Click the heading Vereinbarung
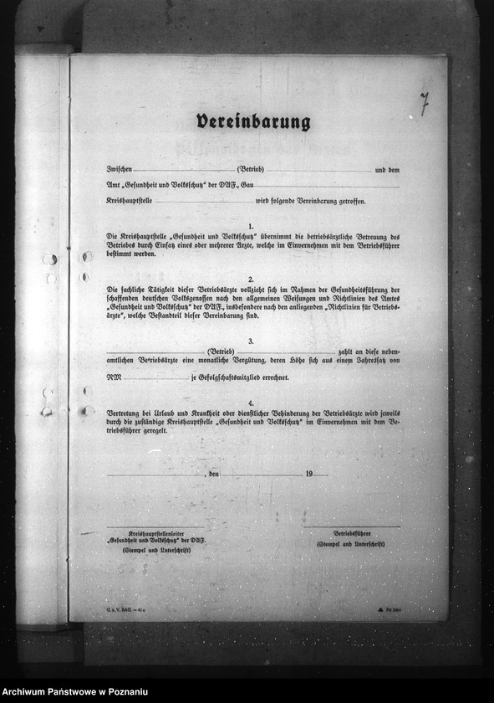tap(252, 122)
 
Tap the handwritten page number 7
tap(425, 104)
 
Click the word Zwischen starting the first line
tap(119, 170)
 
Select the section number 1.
tap(250, 227)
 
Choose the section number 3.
tap(251, 341)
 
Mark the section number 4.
tap(251, 403)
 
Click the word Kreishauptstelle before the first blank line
tap(129, 202)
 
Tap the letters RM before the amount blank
tap(113, 377)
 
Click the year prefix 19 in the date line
tap(308, 474)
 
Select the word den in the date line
tap(213, 474)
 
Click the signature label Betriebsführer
tap(352, 533)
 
